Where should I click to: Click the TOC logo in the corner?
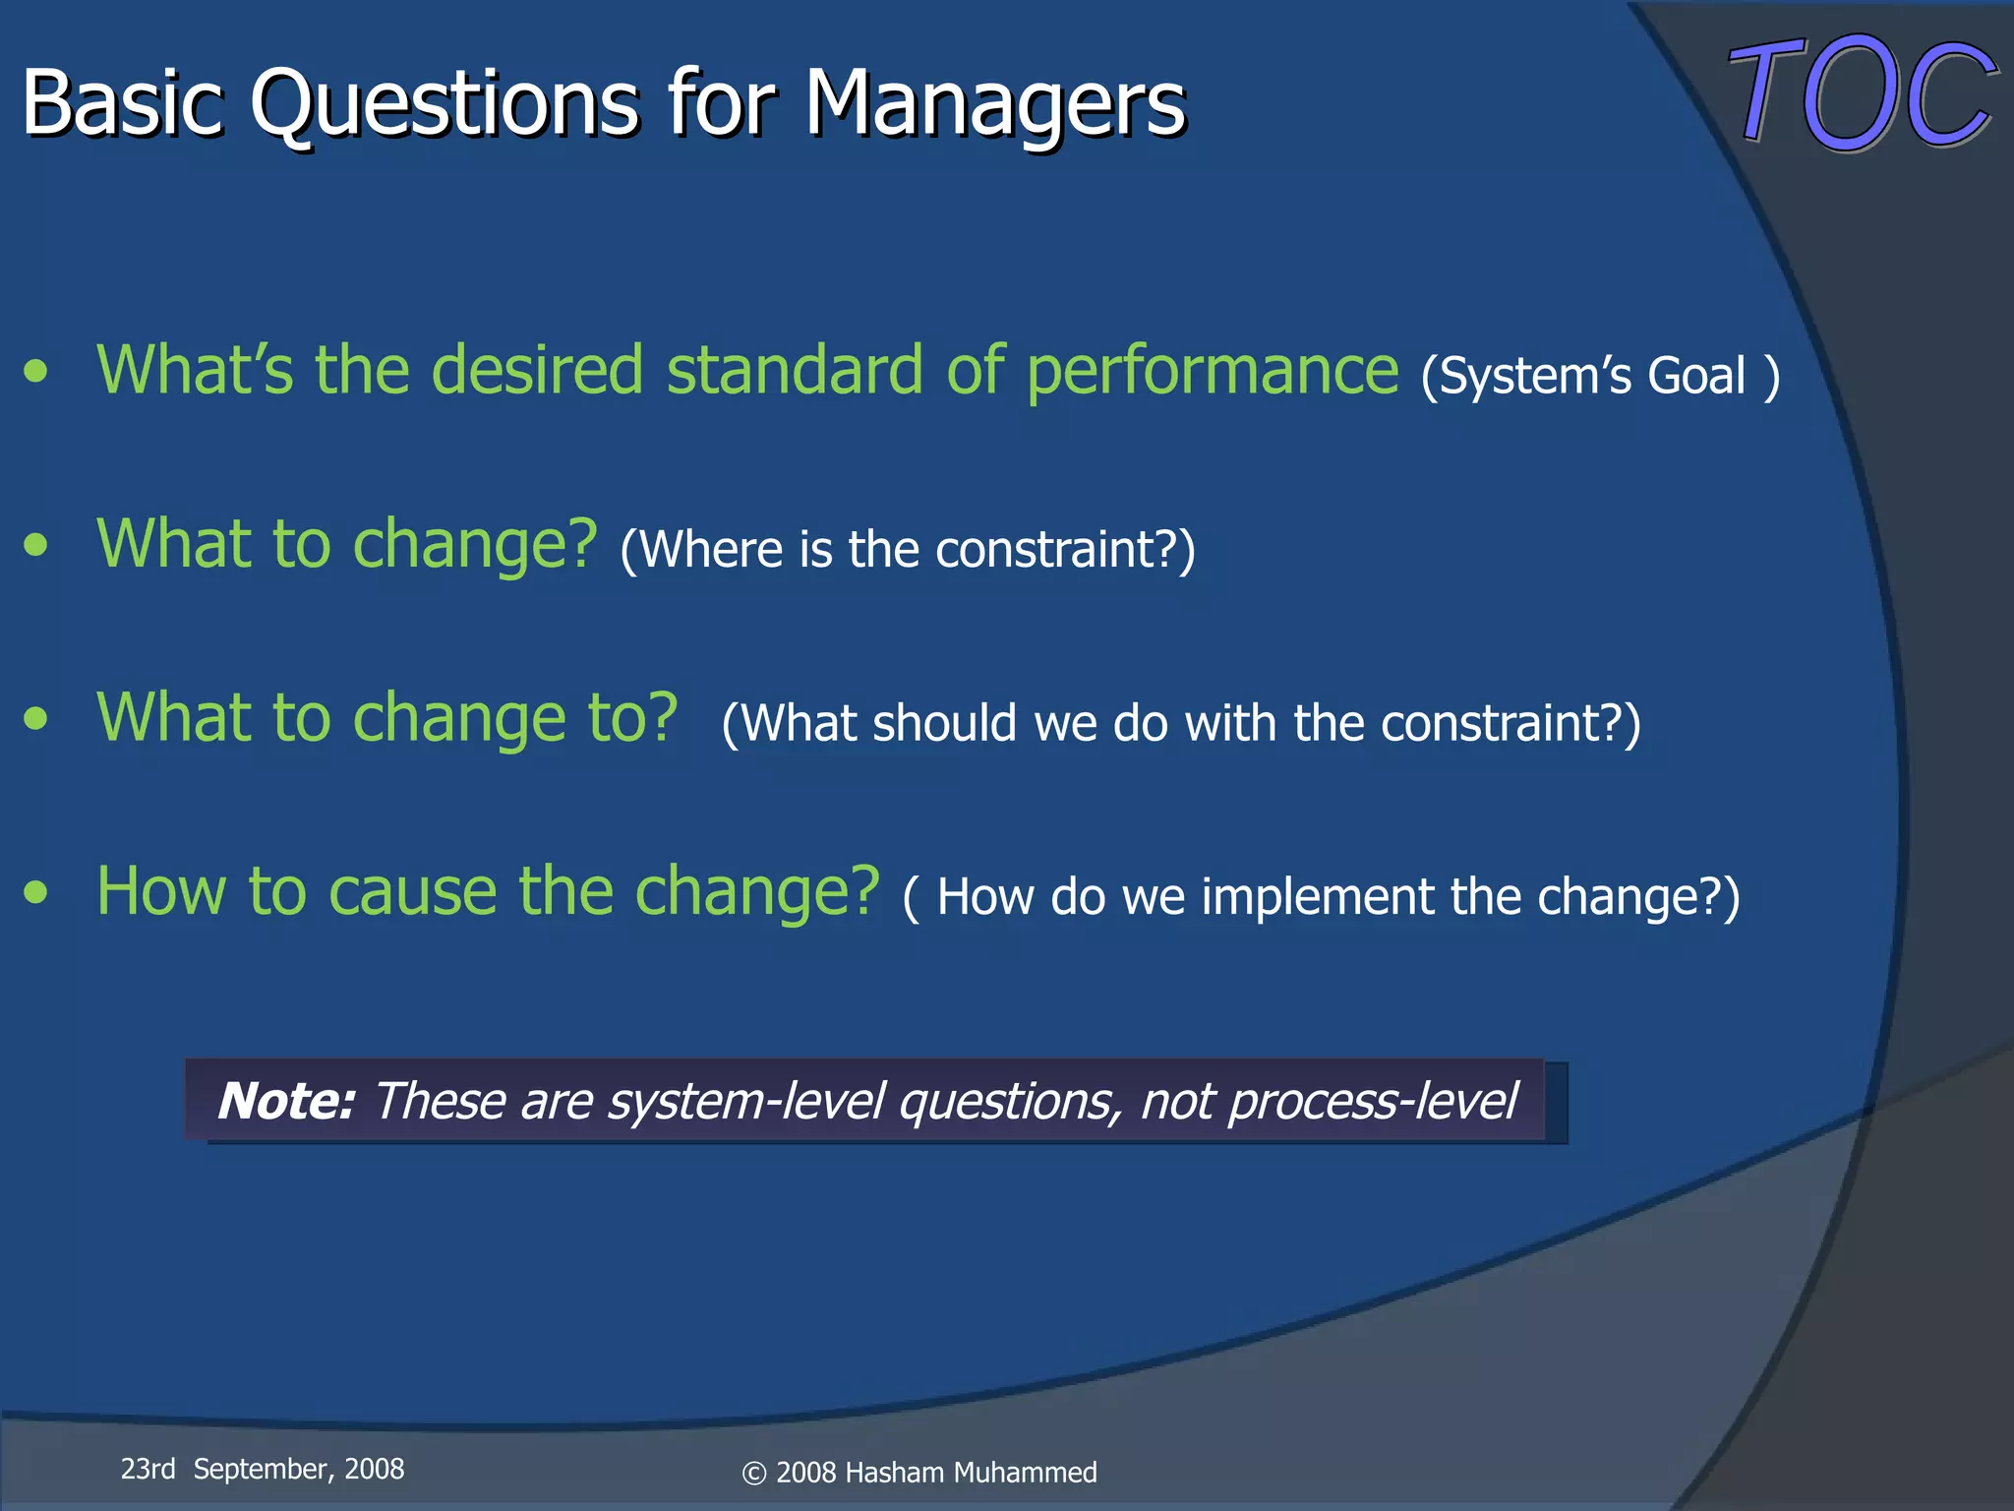coord(1861,93)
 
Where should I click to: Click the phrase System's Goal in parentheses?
coord(1599,377)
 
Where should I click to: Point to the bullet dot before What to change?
coord(36,545)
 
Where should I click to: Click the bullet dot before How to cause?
coord(36,892)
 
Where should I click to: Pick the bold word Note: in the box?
coord(285,1101)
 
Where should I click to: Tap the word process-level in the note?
coord(1373,1101)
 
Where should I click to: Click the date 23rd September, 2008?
coord(263,1470)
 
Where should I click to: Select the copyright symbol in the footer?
coord(753,1474)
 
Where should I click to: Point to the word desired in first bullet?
coord(537,371)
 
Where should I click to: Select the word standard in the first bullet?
coord(796,371)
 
